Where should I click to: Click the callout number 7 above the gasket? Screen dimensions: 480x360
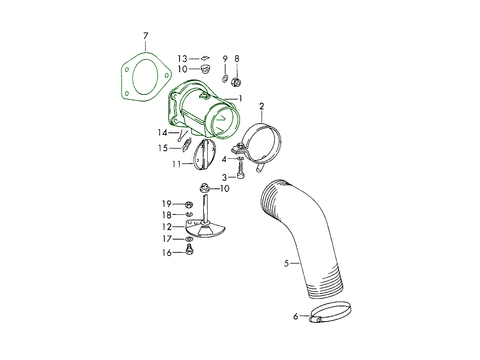click(146, 36)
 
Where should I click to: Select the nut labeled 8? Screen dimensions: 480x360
click(236, 82)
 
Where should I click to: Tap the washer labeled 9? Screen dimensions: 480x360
click(225, 78)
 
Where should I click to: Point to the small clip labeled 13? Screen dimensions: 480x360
click(205, 58)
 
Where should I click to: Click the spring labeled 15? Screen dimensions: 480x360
click(186, 145)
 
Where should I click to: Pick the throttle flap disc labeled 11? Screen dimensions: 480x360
click(205, 154)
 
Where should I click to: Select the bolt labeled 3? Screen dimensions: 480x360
click(240, 170)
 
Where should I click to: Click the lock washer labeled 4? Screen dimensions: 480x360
click(240, 158)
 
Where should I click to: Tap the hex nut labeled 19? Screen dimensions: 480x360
click(189, 205)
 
